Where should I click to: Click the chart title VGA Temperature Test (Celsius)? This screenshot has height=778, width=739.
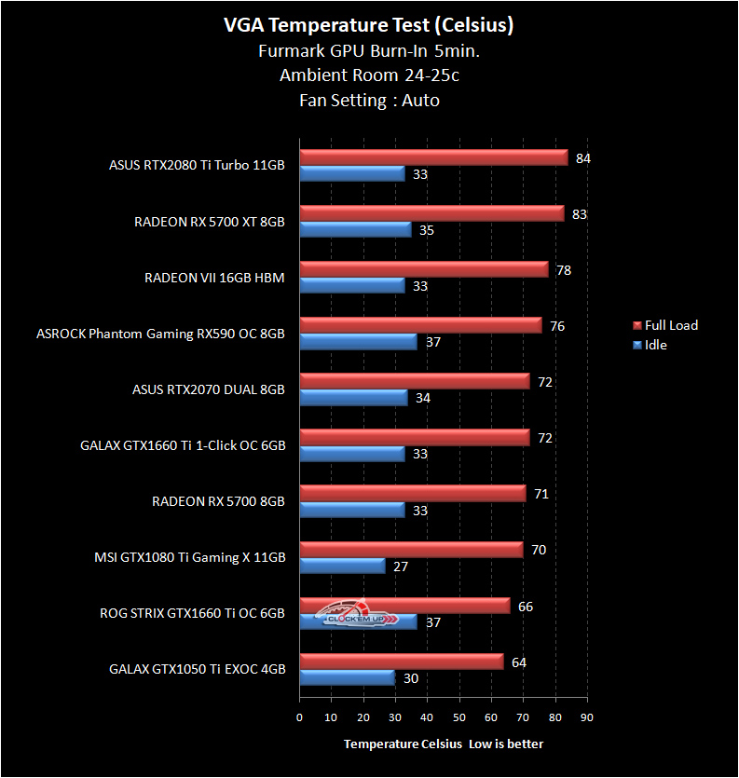click(369, 26)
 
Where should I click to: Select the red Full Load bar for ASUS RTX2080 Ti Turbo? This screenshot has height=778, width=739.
click(433, 157)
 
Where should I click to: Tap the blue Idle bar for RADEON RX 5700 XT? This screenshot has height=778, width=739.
click(355, 229)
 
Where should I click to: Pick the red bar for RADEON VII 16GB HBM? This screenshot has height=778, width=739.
click(424, 269)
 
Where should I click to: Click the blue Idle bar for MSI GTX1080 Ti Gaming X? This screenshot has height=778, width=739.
click(342, 566)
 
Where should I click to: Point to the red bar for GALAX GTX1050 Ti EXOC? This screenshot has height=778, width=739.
click(402, 662)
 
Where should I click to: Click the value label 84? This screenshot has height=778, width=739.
click(583, 158)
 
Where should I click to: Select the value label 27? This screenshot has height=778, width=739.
click(401, 566)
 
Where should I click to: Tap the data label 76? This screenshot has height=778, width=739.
click(557, 326)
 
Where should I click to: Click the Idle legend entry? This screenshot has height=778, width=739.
click(655, 345)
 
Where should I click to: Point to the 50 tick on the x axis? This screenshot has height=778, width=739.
click(458, 717)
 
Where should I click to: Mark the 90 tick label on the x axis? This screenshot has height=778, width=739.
click(585, 717)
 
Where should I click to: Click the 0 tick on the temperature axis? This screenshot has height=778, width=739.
click(299, 717)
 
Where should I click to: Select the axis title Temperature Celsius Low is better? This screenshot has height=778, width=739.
click(443, 744)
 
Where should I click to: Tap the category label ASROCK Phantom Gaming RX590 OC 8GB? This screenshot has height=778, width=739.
click(160, 333)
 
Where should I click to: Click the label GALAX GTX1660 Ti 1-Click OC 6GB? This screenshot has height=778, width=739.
click(183, 445)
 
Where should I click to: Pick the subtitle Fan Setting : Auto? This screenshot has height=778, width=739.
click(369, 100)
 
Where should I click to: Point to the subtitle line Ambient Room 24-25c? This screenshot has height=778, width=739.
click(369, 75)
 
